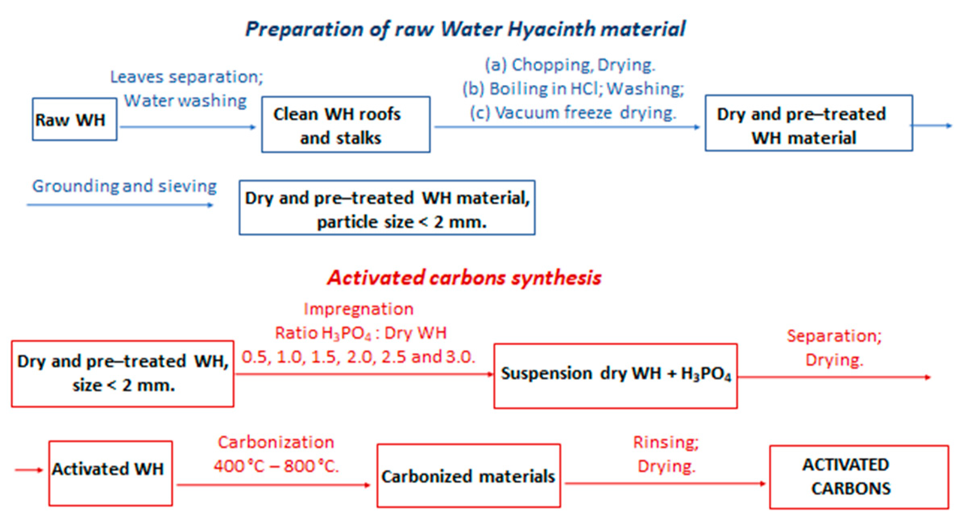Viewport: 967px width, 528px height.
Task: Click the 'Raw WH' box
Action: (75, 119)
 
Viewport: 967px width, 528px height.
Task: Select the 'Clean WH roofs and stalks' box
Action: (346, 124)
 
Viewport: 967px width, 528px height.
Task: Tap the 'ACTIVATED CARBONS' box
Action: (859, 477)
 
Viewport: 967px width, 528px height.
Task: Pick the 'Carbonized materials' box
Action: (468, 476)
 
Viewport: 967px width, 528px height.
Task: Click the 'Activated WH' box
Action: (110, 473)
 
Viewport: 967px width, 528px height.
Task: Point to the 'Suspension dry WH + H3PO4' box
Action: (615, 376)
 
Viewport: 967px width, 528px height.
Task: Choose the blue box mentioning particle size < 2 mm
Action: (387, 208)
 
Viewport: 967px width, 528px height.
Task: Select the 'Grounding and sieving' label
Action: (124, 186)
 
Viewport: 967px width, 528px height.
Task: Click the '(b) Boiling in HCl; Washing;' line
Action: (573, 89)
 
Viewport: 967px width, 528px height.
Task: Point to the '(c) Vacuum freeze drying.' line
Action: (573, 113)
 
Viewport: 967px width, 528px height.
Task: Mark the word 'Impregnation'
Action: (358, 309)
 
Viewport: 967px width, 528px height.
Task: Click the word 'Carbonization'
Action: (276, 442)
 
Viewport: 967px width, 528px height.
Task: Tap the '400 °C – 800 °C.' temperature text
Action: (276, 466)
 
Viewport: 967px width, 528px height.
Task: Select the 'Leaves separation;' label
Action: (187, 77)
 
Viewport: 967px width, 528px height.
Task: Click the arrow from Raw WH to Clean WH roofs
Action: (188, 127)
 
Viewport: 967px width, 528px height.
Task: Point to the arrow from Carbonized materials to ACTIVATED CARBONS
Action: (665, 483)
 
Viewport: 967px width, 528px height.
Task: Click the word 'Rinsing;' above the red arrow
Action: (666, 442)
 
